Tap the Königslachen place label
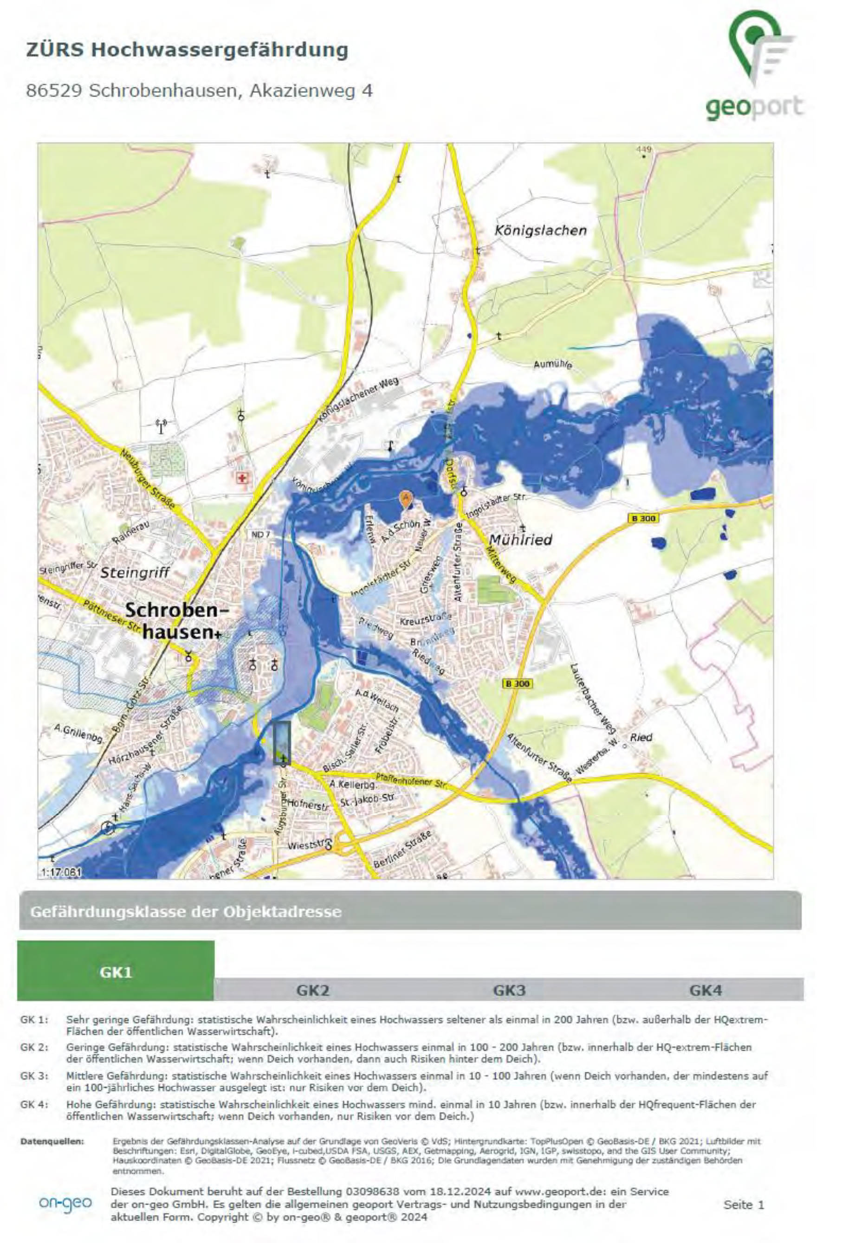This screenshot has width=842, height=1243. tap(540, 231)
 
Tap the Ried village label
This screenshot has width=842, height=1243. tap(641, 737)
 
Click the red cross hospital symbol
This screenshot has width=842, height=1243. tap(242, 477)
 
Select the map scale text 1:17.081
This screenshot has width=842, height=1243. tap(61, 872)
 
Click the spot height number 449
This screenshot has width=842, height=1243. tap(643, 149)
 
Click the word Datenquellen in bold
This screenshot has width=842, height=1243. tap(52, 1141)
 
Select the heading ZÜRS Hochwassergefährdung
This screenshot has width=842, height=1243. tap(187, 50)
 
